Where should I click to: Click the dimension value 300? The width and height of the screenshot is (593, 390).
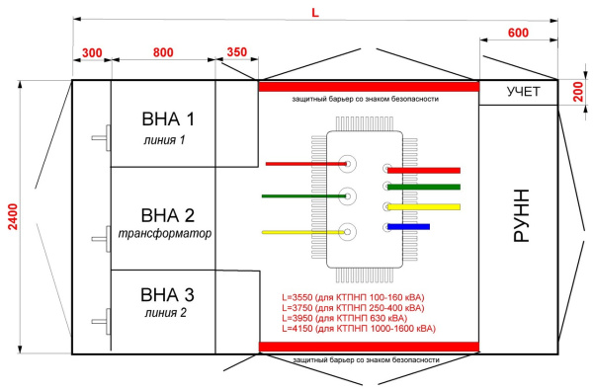92,53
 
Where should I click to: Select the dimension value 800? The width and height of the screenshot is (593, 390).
163,52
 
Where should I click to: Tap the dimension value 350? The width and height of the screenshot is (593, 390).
237,52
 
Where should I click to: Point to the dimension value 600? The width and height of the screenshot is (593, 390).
518,33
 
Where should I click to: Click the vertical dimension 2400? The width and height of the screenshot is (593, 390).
13,216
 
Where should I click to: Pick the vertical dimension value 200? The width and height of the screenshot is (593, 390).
578,92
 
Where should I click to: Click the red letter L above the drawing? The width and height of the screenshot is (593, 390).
315,13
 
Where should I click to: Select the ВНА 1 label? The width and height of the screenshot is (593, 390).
168,119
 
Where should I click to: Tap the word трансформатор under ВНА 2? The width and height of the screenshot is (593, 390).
165,234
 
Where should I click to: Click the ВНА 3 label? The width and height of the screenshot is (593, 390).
167,295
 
